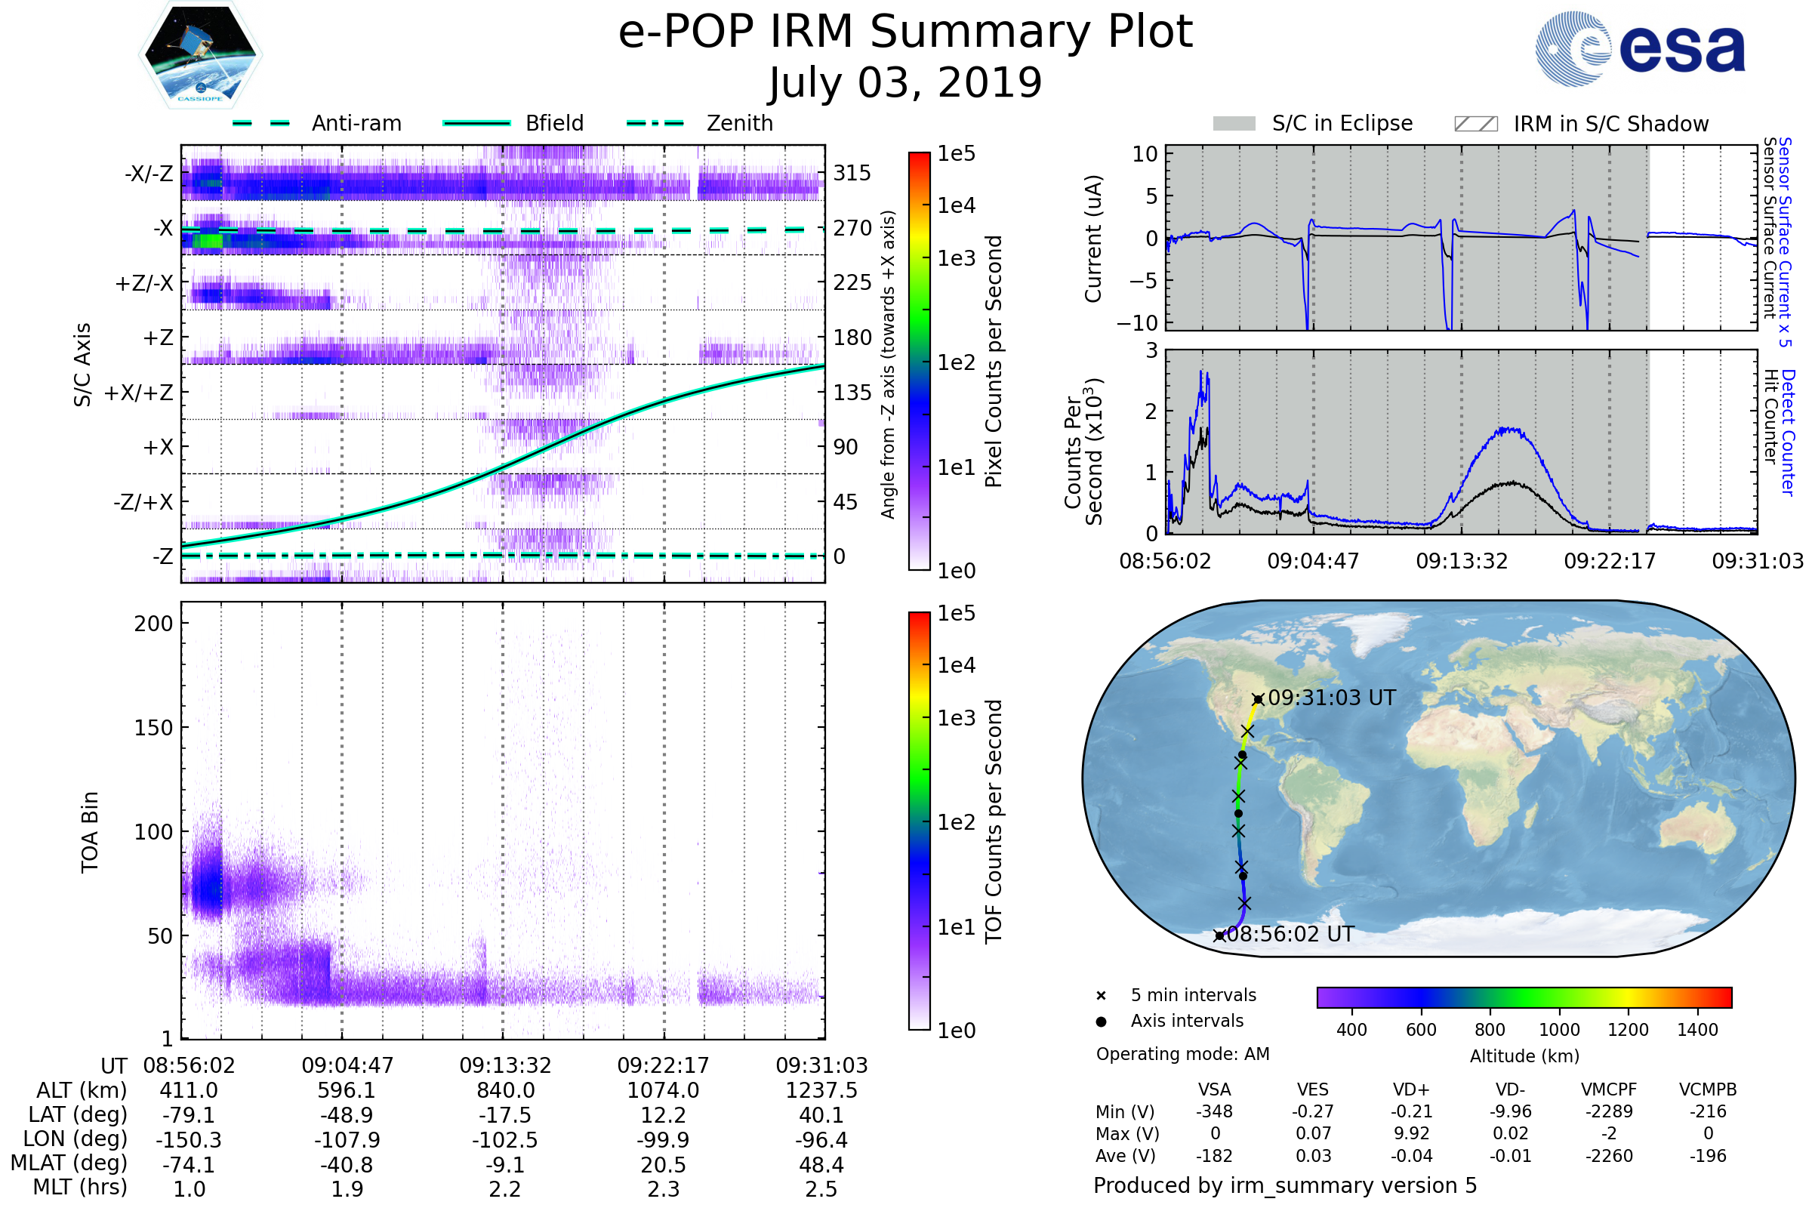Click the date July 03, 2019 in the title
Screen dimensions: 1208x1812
tap(905, 83)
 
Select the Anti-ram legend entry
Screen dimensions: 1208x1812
tap(356, 123)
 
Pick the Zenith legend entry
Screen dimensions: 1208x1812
tap(739, 123)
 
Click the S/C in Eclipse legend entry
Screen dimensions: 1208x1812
tap(1342, 123)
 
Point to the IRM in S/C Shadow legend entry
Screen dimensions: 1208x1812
tap(1610, 124)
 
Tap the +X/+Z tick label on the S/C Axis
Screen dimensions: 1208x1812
tap(139, 393)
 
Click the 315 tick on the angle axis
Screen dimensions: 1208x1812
tap(852, 173)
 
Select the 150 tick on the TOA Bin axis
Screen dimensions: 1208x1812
tap(153, 728)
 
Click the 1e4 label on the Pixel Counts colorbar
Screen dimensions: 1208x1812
tap(956, 205)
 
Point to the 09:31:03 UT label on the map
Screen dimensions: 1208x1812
tap(1331, 698)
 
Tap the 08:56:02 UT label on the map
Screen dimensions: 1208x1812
tap(1289, 935)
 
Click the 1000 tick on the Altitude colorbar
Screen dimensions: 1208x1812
tap(1558, 1030)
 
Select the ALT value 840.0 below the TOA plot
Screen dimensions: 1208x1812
tap(505, 1091)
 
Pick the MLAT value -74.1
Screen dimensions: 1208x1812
tap(189, 1165)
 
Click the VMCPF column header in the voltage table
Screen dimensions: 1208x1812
tap(1609, 1090)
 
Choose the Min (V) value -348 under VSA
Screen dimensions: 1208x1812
tap(1214, 1111)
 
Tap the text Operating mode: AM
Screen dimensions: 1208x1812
tap(1182, 1054)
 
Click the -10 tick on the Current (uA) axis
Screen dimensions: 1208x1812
tap(1137, 322)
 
